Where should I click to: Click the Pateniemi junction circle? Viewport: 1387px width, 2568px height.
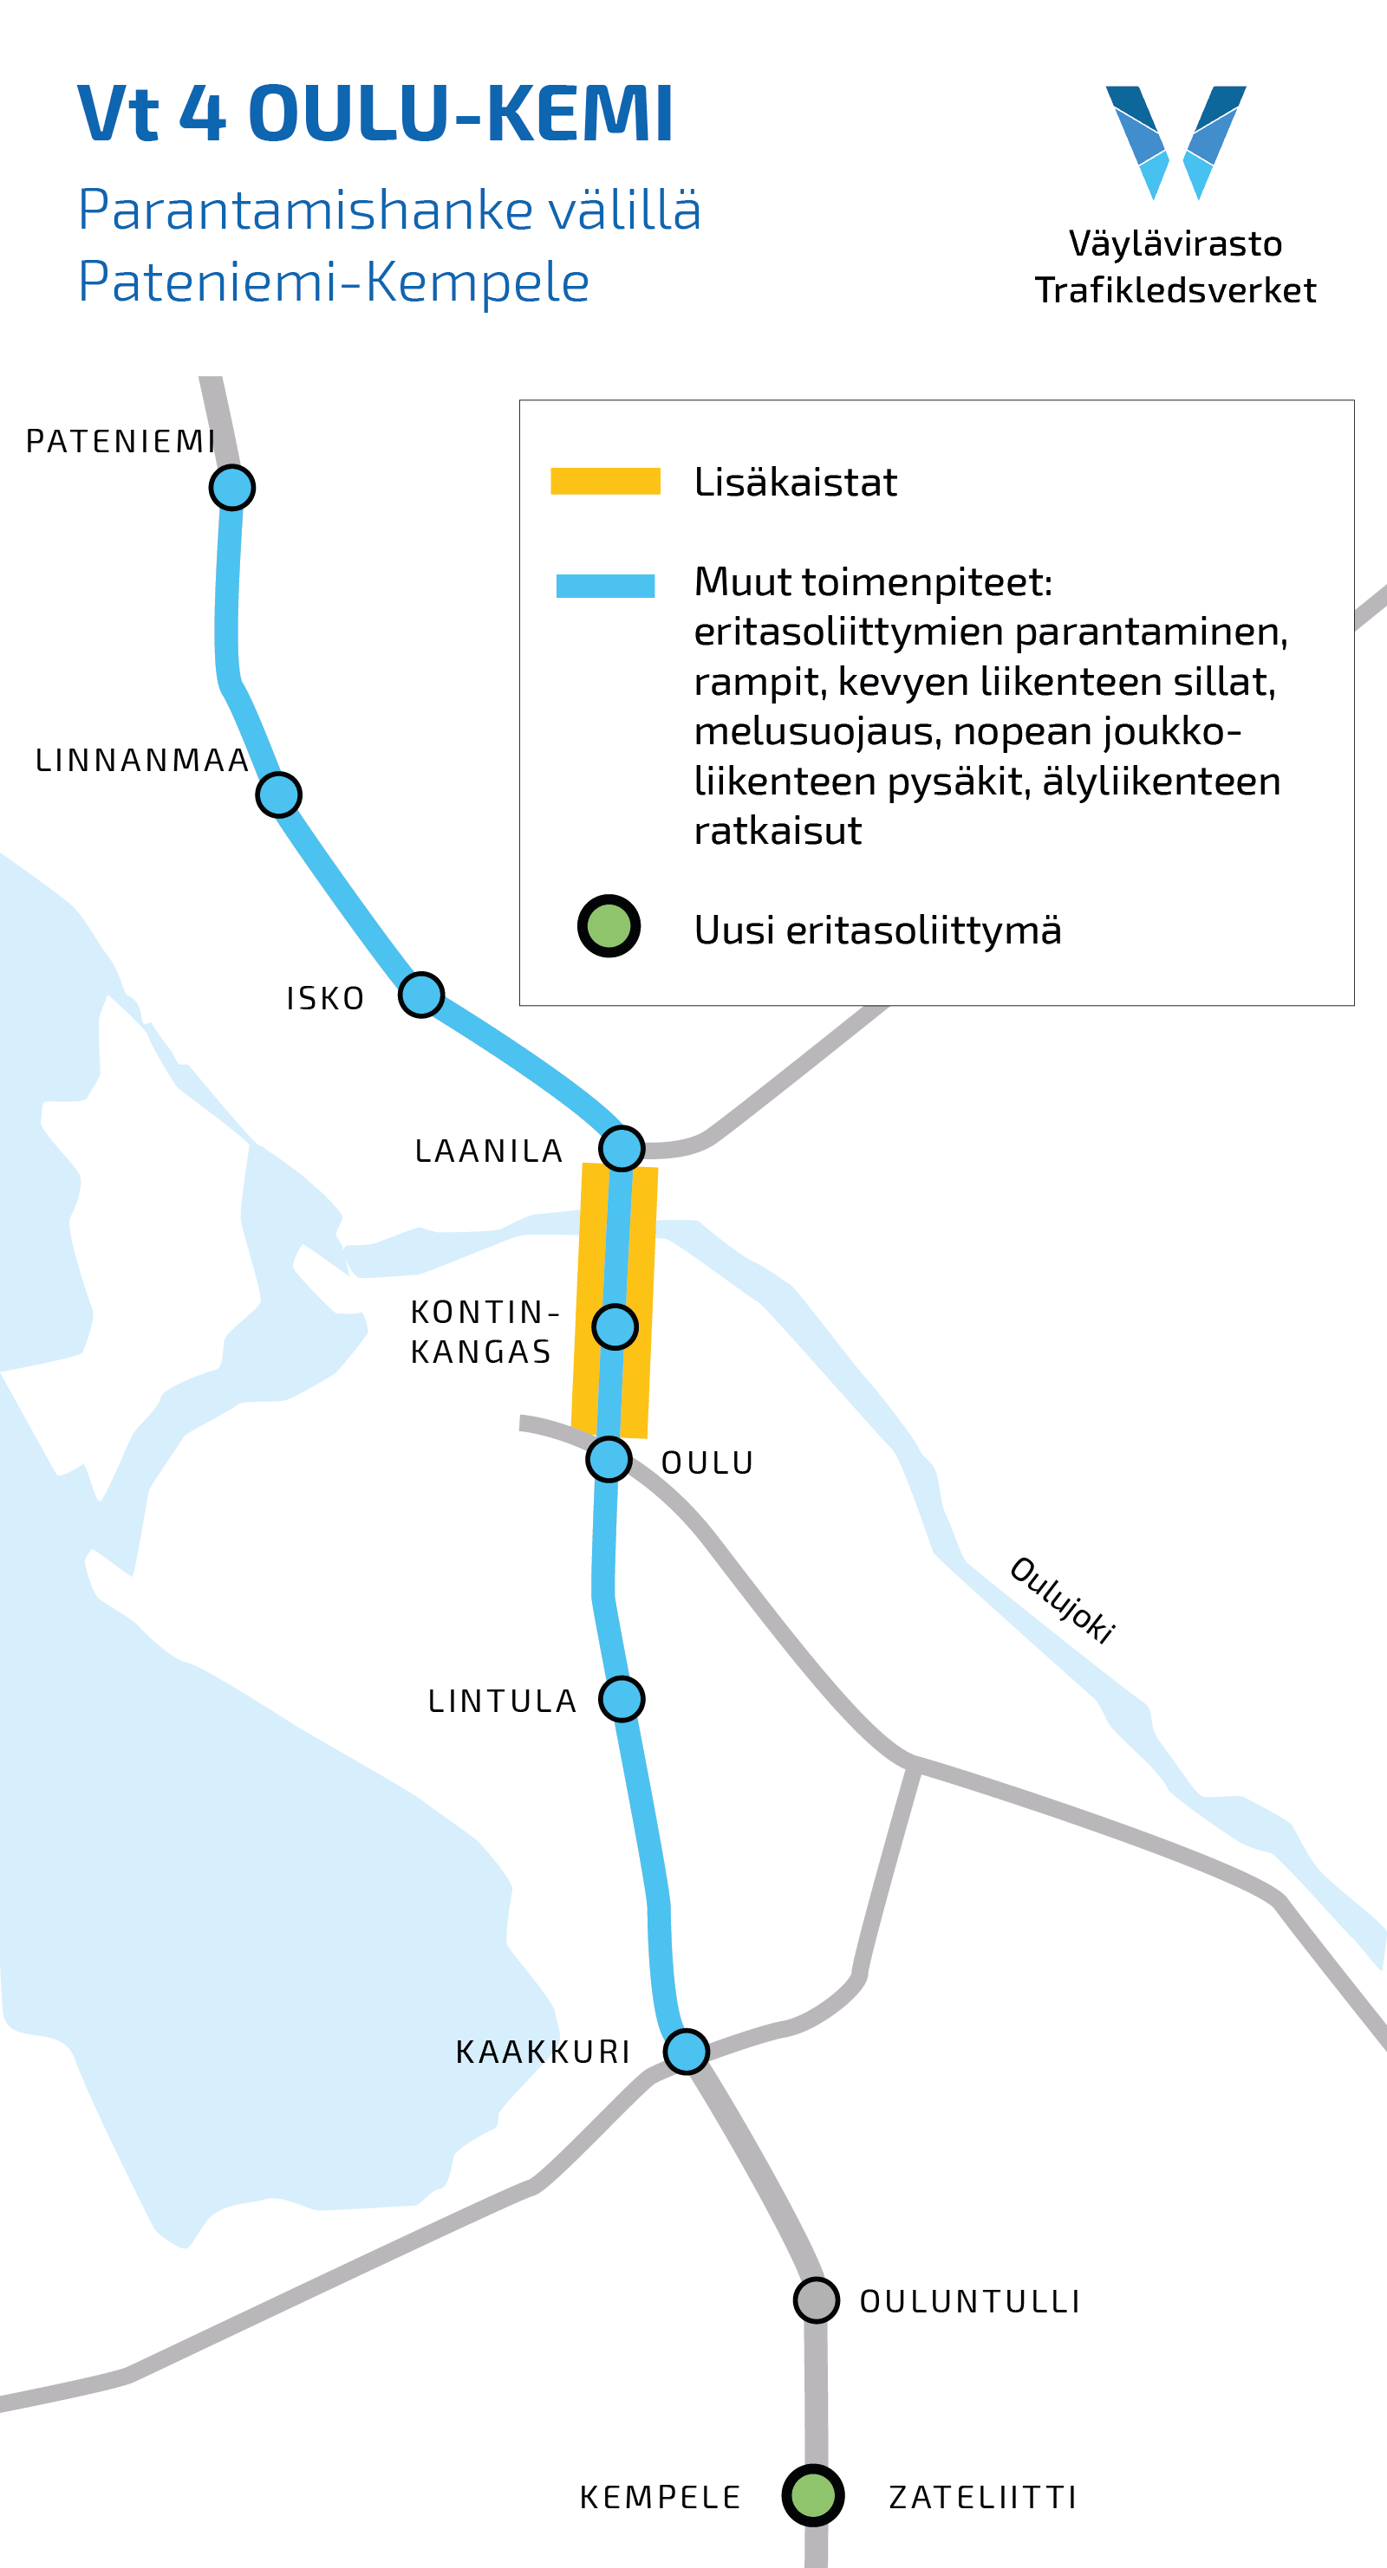pos(232,488)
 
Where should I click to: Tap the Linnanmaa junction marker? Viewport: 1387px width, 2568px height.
pos(278,794)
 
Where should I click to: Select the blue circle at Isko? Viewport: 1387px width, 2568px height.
pos(420,995)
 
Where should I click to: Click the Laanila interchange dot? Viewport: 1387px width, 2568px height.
pos(622,1149)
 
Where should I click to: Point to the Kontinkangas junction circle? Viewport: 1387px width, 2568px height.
pos(615,1326)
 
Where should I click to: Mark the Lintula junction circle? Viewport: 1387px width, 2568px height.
pos(622,1699)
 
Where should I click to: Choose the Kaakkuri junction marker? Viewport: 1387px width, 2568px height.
pos(686,2052)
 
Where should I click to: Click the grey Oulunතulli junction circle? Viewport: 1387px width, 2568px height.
pos(816,2301)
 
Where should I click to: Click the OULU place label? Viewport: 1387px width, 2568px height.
pos(707,1462)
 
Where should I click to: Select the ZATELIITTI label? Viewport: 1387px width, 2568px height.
pos(982,2497)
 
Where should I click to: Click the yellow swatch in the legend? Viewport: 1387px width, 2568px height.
pos(605,482)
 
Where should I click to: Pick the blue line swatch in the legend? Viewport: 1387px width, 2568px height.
pos(605,587)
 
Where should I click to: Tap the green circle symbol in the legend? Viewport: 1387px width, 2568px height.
pos(609,926)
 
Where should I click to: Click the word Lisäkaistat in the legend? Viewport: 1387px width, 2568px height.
pos(795,483)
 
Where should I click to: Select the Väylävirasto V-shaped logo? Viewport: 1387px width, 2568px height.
pos(1175,140)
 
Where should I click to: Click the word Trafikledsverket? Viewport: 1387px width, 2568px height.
pos(1175,290)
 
